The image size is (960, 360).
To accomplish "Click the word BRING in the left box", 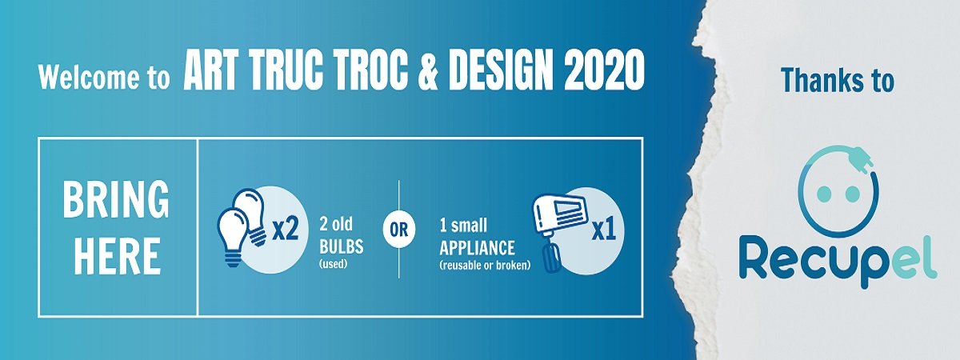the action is pos(116,199).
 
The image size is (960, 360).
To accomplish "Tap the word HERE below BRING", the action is pos(118,256).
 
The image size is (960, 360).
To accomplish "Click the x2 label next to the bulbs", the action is pos(285,230).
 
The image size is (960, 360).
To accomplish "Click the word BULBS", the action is pos(341,247).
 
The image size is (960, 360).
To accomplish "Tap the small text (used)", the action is pos(333,263).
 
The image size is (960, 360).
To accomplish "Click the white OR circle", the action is pos(399,230).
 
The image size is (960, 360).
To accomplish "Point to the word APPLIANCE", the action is pos(477,248).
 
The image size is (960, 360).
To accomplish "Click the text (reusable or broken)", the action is pos(485,266).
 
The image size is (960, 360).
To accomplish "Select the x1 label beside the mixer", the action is pos(603,230).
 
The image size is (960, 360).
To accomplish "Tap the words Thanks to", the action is pos(838,80).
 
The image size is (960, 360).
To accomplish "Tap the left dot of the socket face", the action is pos(824,194).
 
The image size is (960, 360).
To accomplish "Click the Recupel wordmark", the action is pos(838,260).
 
